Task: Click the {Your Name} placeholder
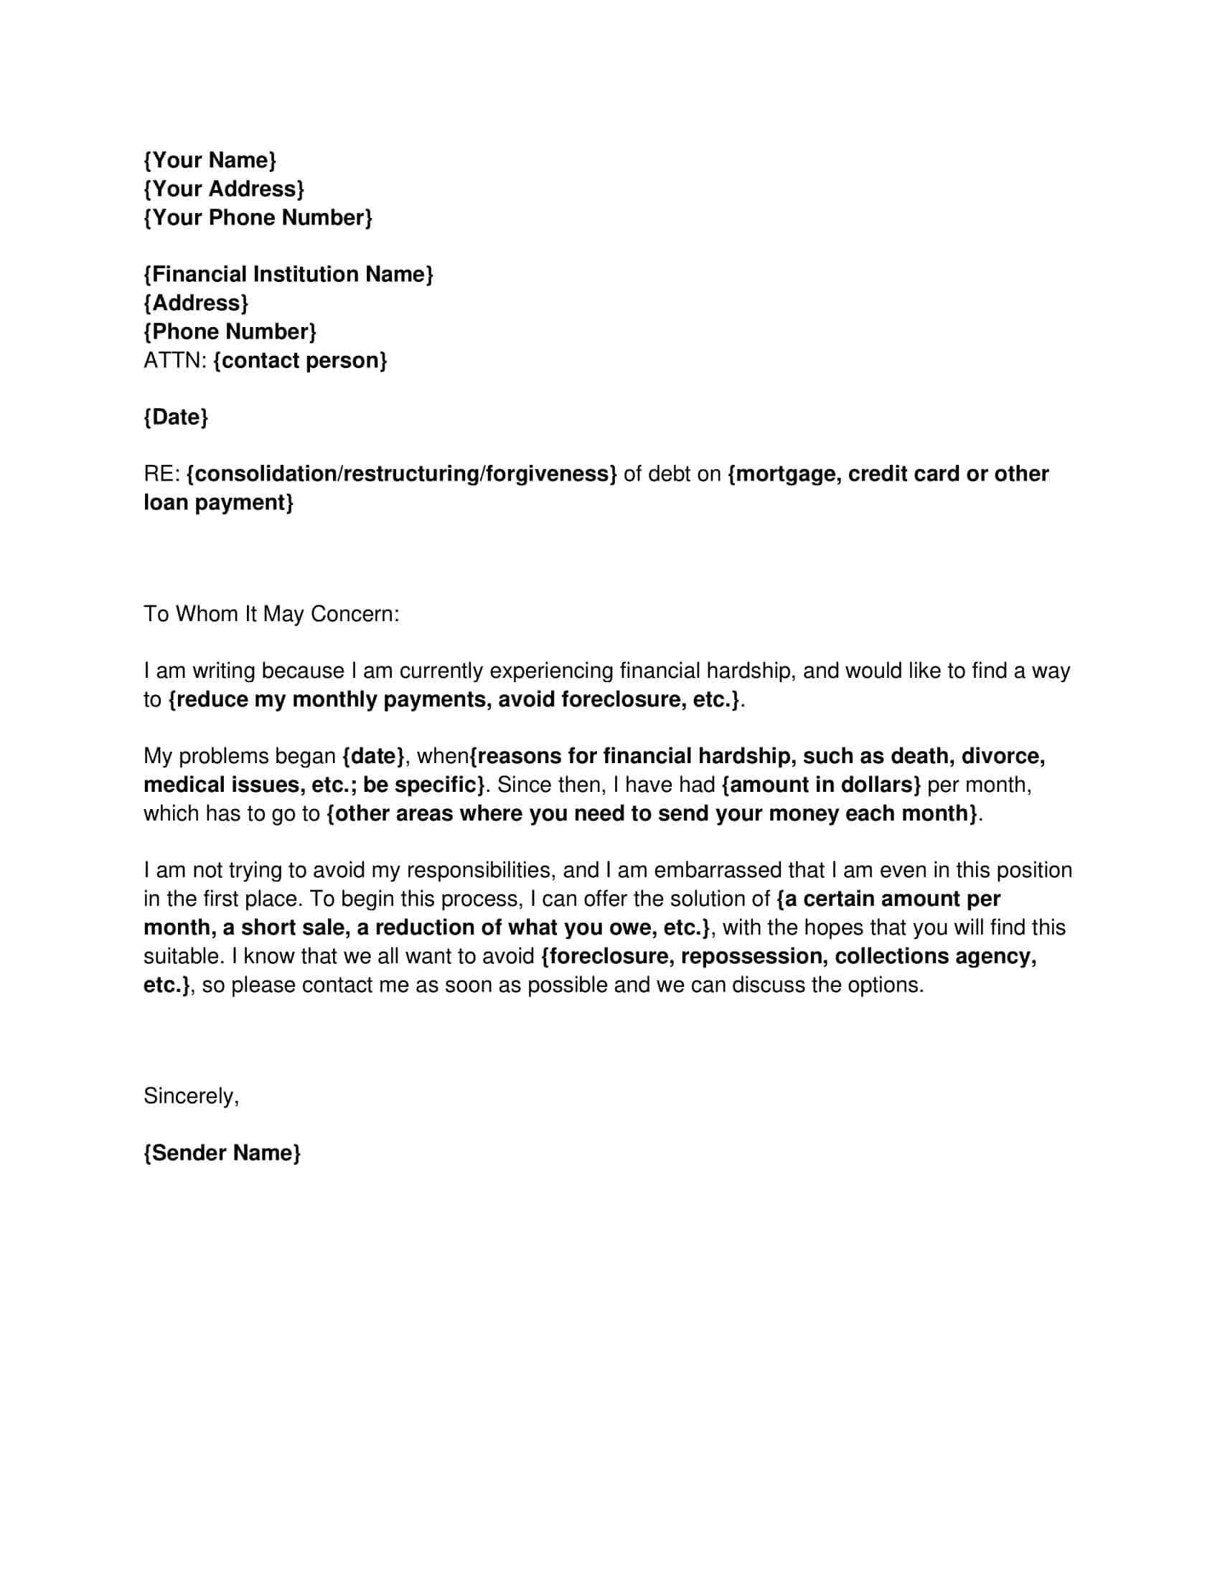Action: pyautogui.click(x=210, y=160)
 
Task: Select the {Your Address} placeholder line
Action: pyautogui.click(x=224, y=189)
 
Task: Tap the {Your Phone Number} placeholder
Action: pyautogui.click(x=258, y=217)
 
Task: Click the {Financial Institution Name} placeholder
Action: pyautogui.click(x=288, y=274)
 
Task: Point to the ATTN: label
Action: pyautogui.click(x=175, y=360)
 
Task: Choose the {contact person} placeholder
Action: pyautogui.click(x=300, y=360)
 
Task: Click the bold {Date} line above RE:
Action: pyautogui.click(x=176, y=417)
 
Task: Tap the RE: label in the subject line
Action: pyautogui.click(x=161, y=474)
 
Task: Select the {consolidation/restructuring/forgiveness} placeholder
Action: pyautogui.click(x=401, y=474)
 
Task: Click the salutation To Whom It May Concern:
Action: pyautogui.click(x=271, y=614)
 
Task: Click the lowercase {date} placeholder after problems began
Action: pyautogui.click(x=373, y=756)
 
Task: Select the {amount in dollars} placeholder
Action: pyautogui.click(x=821, y=785)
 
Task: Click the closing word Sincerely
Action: pyautogui.click(x=190, y=1096)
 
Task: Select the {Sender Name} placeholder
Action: pyautogui.click(x=222, y=1153)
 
